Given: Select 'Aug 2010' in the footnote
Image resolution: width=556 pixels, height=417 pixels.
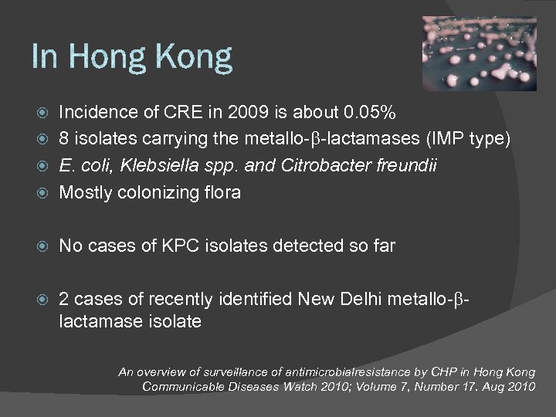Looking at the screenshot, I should [510, 385].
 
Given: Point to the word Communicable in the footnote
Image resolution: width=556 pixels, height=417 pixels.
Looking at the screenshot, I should [183, 385].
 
